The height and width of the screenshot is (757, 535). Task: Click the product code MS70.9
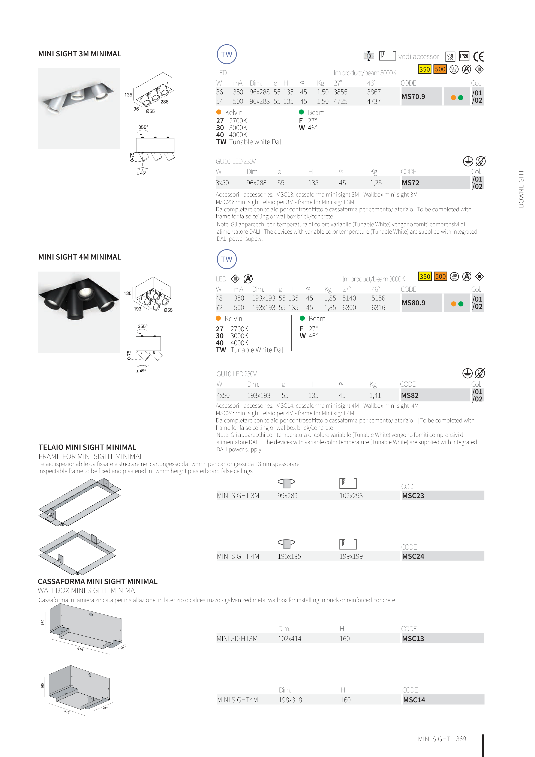(x=413, y=97)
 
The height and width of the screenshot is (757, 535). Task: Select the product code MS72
(x=410, y=183)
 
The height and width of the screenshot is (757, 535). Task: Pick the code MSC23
(x=413, y=496)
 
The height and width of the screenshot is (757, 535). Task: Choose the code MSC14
(x=414, y=700)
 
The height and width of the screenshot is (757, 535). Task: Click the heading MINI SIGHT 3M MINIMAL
(x=79, y=54)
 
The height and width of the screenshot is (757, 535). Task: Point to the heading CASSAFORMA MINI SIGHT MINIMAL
(x=97, y=581)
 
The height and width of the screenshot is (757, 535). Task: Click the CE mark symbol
(x=478, y=57)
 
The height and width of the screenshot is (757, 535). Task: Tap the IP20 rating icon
(x=464, y=56)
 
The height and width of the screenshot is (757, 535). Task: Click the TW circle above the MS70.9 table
(x=226, y=54)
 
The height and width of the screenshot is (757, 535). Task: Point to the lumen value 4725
(x=340, y=102)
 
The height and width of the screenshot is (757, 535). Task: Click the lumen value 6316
(x=378, y=308)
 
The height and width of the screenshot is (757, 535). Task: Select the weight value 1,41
(x=375, y=395)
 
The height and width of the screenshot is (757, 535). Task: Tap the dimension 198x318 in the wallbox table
(x=290, y=700)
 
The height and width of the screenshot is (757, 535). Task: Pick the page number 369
(x=461, y=739)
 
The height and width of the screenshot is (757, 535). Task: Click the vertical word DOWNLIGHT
(x=521, y=189)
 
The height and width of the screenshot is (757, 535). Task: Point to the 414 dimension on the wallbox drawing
(x=80, y=649)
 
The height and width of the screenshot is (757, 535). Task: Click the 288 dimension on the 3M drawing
(x=165, y=102)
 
